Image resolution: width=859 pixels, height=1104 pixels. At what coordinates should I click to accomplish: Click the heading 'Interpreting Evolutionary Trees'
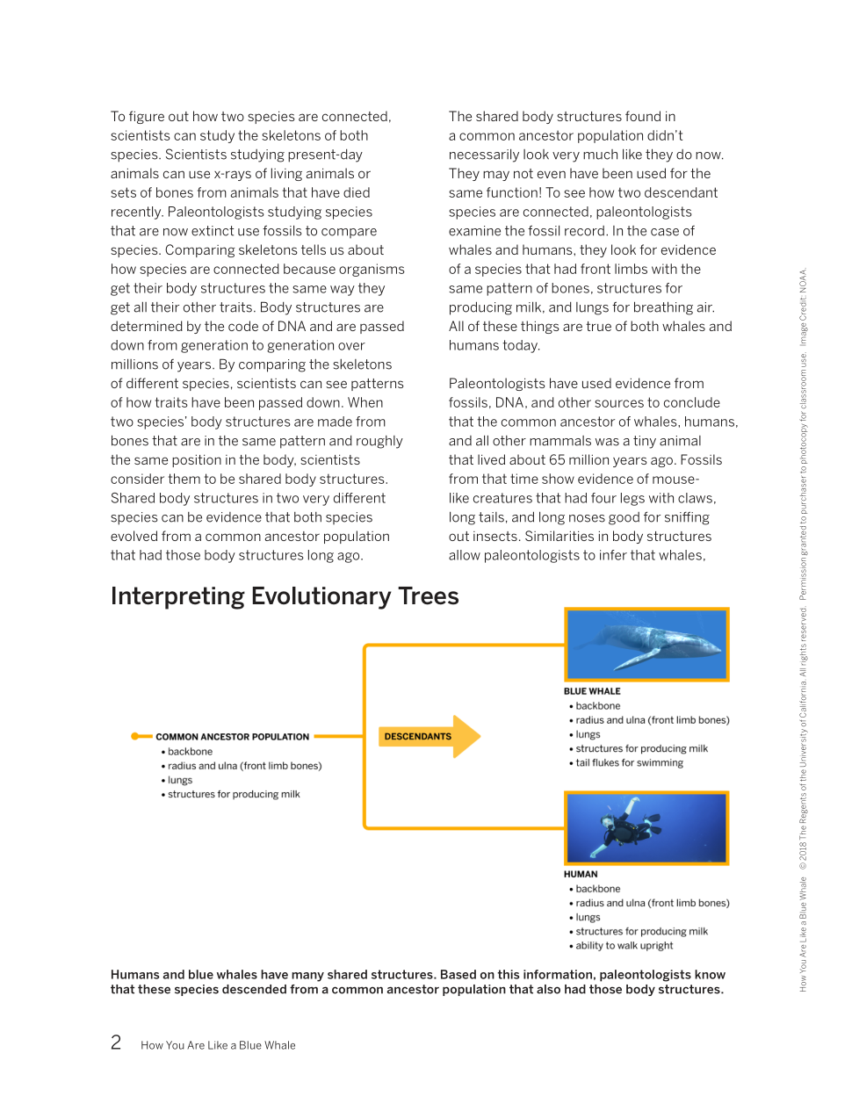pos(285,596)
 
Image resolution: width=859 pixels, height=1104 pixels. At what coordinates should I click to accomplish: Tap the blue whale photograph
pos(646,645)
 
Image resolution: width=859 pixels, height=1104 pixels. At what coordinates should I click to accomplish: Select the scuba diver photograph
pos(646,828)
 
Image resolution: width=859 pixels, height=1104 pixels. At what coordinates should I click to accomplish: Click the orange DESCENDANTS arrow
pos(429,737)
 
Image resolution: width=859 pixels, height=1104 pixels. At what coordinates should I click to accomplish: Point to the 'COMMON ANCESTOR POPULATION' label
pos(232,737)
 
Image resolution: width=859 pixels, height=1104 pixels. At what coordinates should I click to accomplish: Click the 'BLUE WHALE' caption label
pos(592,691)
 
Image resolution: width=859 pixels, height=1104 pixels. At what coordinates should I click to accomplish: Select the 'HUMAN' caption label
pos(581,874)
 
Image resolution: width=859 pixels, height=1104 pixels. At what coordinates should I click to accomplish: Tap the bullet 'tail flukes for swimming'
pos(629,763)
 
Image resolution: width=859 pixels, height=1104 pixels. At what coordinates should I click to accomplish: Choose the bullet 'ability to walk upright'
pos(624,946)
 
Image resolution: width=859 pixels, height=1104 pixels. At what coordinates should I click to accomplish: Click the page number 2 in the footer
pos(116,1043)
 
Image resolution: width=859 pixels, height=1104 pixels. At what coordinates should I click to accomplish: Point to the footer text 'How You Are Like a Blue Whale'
pos(218,1045)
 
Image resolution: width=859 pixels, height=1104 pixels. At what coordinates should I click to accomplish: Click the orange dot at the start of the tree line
pos(136,737)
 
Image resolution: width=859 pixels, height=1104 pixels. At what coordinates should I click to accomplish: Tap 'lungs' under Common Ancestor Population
pos(180,780)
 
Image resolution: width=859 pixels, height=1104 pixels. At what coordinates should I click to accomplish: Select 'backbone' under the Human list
pos(597,889)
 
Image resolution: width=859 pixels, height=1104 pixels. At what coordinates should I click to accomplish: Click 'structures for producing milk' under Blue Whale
pos(641,749)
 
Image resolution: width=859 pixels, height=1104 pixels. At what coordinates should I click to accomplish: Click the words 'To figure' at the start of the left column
pos(139,117)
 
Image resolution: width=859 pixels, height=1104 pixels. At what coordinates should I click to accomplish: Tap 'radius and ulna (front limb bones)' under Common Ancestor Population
pos(244,766)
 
